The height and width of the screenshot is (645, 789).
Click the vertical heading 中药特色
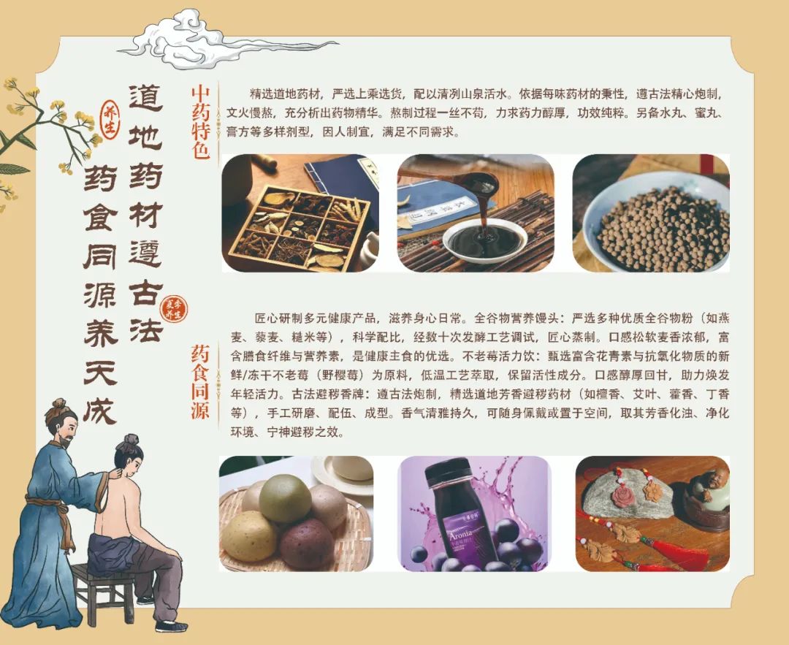[x=201, y=122]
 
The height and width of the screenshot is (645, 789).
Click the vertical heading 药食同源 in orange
[x=199, y=381]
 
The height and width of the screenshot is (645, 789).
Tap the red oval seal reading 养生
[x=109, y=120]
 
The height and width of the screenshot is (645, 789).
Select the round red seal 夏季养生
[x=174, y=309]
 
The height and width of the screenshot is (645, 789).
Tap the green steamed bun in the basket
[x=285, y=498]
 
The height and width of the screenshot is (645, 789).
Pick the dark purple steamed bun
[x=307, y=544]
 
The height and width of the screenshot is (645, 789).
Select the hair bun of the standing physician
[x=58, y=405]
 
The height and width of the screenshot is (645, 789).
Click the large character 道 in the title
[x=145, y=98]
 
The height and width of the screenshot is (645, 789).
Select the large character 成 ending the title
[x=100, y=407]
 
